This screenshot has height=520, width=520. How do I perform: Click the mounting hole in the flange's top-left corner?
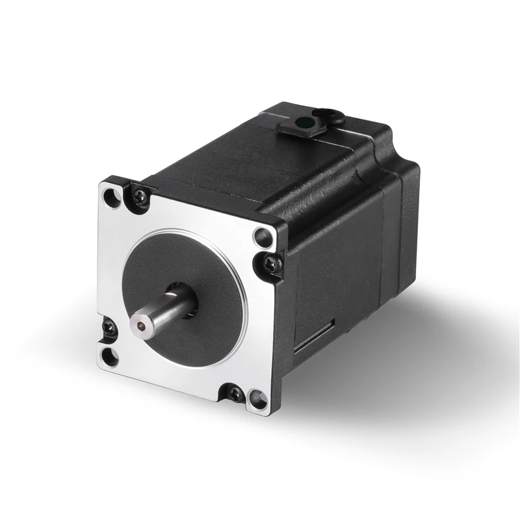point(112,195)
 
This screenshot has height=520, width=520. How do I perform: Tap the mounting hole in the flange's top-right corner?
point(262,237)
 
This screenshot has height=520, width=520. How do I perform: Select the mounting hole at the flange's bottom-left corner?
point(109,354)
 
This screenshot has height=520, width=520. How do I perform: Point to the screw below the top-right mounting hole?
point(272,263)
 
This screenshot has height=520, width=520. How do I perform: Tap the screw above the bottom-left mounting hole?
point(109,329)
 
